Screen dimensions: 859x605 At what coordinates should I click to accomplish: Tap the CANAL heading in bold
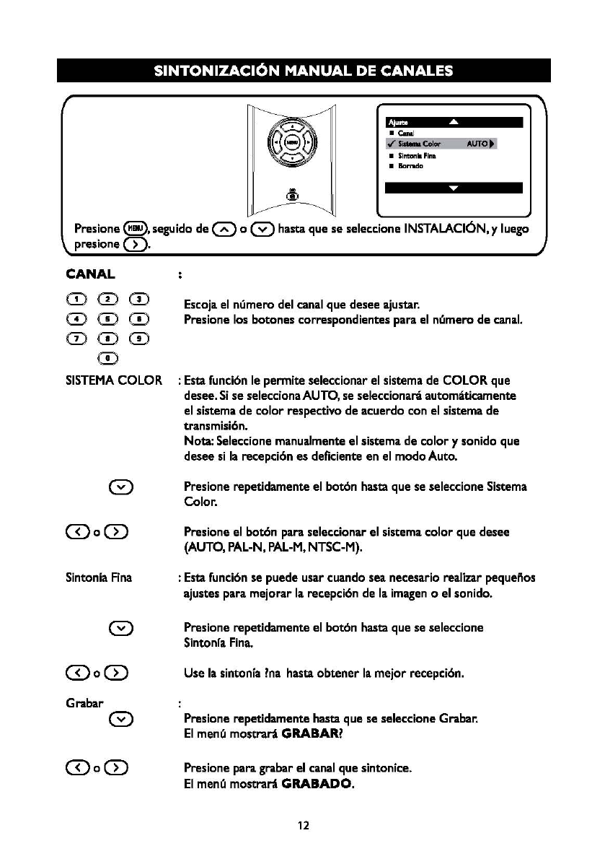point(91,274)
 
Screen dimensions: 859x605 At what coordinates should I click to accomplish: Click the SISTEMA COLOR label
point(114,380)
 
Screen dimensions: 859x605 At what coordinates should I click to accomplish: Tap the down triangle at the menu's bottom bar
point(453,188)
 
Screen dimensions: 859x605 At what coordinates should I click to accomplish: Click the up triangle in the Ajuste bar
point(453,122)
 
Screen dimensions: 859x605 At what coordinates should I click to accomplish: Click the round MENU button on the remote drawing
point(291,143)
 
